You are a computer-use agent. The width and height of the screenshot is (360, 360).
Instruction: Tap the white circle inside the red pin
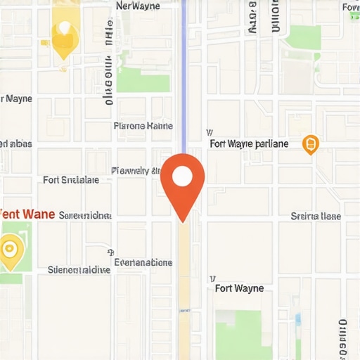(x=183, y=176)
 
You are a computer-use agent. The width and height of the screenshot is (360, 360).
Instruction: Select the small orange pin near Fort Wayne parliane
(x=310, y=145)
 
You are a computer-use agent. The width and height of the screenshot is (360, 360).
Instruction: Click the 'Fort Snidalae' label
(x=71, y=180)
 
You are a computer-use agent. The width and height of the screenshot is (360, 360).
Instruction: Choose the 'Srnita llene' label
(x=316, y=217)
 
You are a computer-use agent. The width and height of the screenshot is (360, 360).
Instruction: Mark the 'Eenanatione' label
(x=143, y=262)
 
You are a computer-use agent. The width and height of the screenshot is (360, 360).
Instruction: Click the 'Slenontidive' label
(x=79, y=269)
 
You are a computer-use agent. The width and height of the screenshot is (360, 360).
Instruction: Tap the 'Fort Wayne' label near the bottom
(x=239, y=288)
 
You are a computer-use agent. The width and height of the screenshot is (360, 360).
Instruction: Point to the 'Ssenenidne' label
(x=85, y=214)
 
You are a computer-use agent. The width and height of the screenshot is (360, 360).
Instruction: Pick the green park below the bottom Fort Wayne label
(x=243, y=334)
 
